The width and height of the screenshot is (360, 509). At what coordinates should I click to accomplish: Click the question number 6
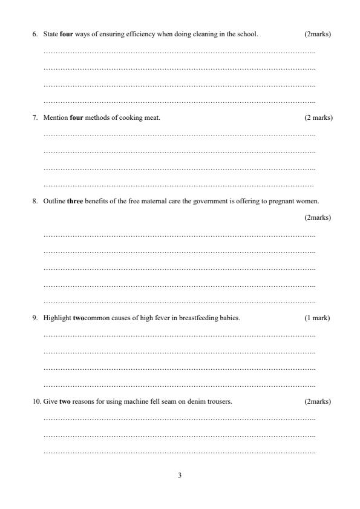pyautogui.click(x=34, y=34)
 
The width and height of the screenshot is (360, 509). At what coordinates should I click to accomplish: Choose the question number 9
pyautogui.click(x=34, y=318)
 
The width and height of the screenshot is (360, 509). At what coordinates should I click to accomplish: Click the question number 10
pyautogui.click(x=36, y=401)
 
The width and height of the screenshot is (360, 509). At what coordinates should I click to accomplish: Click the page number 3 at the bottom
pyautogui.click(x=180, y=475)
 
